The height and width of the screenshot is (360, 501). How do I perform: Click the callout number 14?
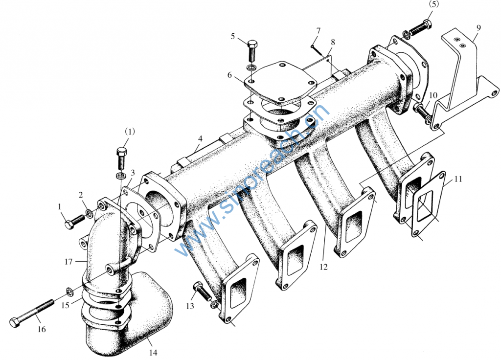tap(153, 352)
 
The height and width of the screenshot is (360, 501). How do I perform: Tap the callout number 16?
tap(42, 329)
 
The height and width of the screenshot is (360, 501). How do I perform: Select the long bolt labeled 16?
tap(31, 313)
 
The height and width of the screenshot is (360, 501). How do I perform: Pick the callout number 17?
tap(68, 262)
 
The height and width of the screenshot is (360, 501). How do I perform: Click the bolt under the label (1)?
tap(121, 159)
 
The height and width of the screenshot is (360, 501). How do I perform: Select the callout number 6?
tap(229, 75)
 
